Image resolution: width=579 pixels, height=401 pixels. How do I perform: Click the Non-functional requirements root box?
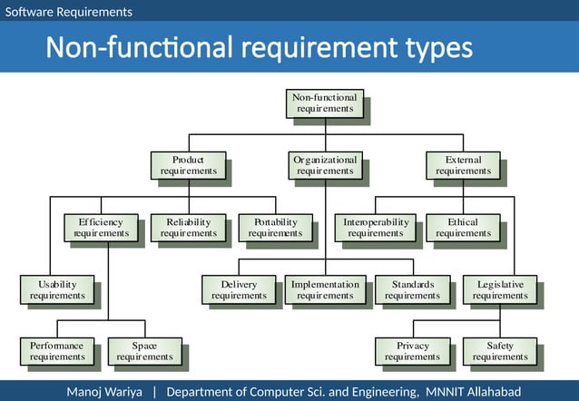click(x=325, y=103)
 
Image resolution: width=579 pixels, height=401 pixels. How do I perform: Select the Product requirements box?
click(x=188, y=165)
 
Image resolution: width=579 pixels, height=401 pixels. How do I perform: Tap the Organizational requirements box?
click(x=325, y=165)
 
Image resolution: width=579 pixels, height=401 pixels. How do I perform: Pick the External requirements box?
click(x=463, y=165)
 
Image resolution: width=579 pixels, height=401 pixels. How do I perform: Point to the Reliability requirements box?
click(x=188, y=228)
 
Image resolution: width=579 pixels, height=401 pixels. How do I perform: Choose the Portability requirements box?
click(x=275, y=228)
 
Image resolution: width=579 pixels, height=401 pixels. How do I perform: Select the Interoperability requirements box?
click(x=376, y=228)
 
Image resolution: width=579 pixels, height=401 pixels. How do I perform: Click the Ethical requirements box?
click(x=463, y=228)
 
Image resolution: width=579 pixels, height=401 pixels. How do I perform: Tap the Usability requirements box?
click(x=57, y=289)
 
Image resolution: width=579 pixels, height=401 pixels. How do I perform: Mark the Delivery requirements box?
click(x=239, y=289)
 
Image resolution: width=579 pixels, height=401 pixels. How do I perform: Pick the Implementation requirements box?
click(x=325, y=289)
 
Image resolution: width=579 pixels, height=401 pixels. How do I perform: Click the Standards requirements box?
click(x=412, y=289)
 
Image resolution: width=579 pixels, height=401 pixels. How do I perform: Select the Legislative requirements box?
click(x=500, y=289)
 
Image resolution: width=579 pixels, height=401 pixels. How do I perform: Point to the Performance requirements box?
click(x=57, y=351)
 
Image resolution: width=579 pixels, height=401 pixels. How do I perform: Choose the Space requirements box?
click(x=144, y=351)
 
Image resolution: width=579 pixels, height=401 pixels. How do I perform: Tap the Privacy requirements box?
click(x=412, y=351)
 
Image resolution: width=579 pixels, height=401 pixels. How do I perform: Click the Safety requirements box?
click(x=500, y=351)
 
